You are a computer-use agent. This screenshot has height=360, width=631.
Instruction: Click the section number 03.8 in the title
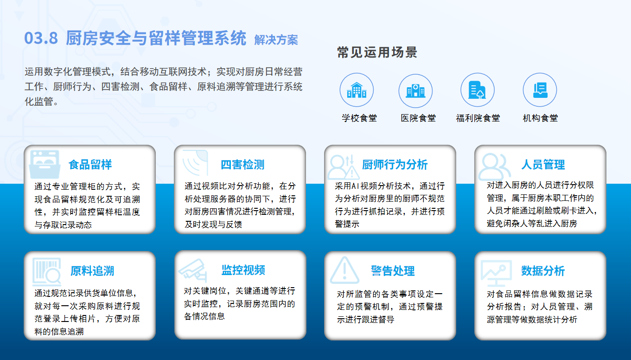click(x=41, y=38)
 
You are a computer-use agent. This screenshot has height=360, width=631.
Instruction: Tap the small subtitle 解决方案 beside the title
click(x=276, y=40)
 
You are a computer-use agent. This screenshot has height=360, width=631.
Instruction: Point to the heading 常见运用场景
click(x=377, y=52)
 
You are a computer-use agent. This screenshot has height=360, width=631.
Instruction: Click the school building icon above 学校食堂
click(x=357, y=90)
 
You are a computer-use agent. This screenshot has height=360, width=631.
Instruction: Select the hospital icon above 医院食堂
click(x=415, y=91)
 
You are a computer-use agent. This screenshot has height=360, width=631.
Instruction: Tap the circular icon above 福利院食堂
click(x=478, y=90)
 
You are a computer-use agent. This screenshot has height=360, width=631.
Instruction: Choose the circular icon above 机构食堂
click(x=540, y=90)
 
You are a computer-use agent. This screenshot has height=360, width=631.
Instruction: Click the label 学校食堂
click(x=359, y=118)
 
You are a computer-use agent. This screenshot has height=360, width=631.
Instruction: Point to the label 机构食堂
click(x=540, y=118)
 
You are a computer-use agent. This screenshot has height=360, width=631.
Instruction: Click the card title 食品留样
click(x=90, y=165)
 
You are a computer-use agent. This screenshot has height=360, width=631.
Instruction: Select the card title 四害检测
click(x=242, y=165)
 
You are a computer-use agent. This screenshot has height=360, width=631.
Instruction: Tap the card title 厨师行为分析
click(x=395, y=165)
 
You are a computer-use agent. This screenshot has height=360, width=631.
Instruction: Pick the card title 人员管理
click(x=543, y=165)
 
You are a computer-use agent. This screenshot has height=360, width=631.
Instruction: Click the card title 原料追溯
click(x=92, y=271)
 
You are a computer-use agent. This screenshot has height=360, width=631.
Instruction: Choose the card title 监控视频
click(x=243, y=270)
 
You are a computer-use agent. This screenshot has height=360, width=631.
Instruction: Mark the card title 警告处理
click(x=393, y=271)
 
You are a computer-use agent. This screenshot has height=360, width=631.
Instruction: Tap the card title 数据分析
click(x=543, y=271)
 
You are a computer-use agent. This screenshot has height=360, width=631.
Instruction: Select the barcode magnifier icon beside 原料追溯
click(x=46, y=271)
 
